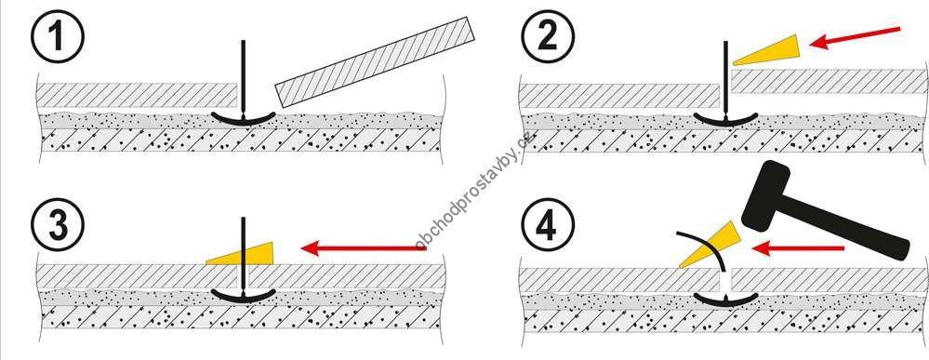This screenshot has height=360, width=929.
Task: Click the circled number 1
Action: click(x=57, y=36)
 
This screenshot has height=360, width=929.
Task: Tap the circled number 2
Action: click(x=548, y=36)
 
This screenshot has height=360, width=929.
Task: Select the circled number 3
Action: click(x=57, y=225)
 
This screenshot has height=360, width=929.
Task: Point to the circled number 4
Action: click(x=548, y=225)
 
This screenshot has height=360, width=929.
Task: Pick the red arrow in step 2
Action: click(x=855, y=37)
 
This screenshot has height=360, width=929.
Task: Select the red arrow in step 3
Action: click(x=364, y=248)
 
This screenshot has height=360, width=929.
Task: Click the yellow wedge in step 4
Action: click(x=710, y=245)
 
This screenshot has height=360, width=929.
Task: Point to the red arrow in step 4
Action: click(x=798, y=248)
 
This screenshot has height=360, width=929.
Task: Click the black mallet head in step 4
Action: click(x=766, y=195)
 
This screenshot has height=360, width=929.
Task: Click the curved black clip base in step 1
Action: click(x=244, y=120)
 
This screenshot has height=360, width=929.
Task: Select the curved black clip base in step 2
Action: click(x=725, y=120)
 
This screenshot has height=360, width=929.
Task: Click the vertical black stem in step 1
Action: click(x=243, y=78)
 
